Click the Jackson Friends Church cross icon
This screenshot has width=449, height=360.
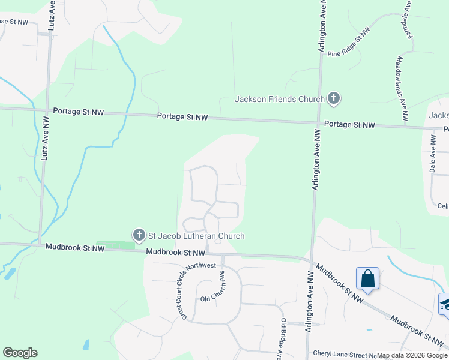click(x=334, y=99)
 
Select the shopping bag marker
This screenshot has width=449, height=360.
click(x=367, y=279)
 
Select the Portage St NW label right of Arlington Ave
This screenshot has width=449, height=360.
click(x=349, y=125)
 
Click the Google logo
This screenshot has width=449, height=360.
click(x=20, y=353)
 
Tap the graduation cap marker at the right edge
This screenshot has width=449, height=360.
click(x=445, y=303)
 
